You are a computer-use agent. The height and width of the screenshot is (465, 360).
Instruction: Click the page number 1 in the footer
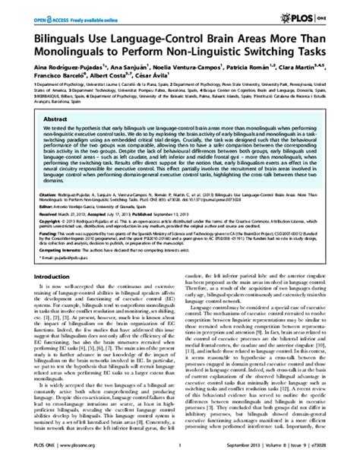[179, 456]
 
